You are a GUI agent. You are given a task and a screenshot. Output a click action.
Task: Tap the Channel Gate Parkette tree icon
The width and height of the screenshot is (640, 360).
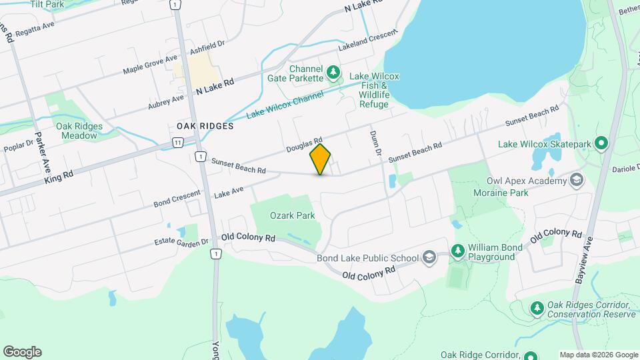pyautogui.click(x=334, y=71)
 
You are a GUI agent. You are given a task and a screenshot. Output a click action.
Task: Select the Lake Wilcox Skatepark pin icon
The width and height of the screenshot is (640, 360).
pyautogui.click(x=601, y=143)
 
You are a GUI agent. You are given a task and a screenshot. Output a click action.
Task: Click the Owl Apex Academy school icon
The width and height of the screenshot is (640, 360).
pyautogui.click(x=577, y=180)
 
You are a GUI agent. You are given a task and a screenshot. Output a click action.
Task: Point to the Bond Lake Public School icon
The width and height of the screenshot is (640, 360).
pyautogui.click(x=429, y=258)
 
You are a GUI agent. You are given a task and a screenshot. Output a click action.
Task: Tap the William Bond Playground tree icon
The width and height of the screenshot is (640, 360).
pyautogui.click(x=457, y=251)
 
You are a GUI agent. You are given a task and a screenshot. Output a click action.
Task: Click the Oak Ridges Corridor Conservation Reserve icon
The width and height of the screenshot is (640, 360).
pyautogui.click(x=537, y=307)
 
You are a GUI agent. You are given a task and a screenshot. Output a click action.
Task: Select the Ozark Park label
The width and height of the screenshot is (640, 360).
pyautogui.click(x=292, y=215)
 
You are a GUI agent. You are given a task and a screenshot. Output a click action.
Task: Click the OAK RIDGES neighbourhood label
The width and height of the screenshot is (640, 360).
pyautogui.click(x=205, y=125)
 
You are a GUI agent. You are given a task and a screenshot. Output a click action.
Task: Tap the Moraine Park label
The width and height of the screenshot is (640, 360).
pyautogui.click(x=506, y=193)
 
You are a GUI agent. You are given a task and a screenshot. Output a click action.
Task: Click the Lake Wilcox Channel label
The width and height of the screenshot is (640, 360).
pyautogui.click(x=285, y=105)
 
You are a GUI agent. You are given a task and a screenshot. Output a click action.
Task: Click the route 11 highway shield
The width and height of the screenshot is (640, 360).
pyautogui.click(x=177, y=142)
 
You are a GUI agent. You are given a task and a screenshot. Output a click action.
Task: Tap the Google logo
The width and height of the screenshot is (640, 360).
pyautogui.click(x=23, y=352)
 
